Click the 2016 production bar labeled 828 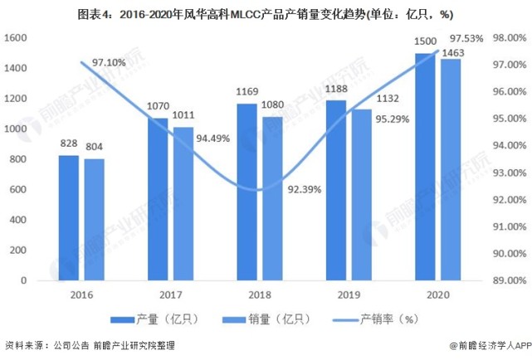(x=69, y=217)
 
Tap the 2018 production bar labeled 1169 (x=246, y=192)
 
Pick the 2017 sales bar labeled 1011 (x=183, y=203)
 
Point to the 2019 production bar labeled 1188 (x=335, y=190)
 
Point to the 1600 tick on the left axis (x=16, y=38)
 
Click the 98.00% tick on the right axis (x=507, y=38)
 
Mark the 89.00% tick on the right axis (x=507, y=280)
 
